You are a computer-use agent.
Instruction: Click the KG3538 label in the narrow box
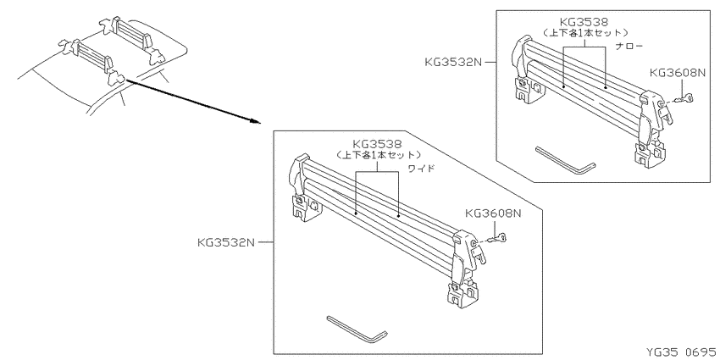tap(584, 21)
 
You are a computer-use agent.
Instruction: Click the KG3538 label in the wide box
tap(378, 144)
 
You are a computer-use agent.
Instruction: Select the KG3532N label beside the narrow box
tap(453, 62)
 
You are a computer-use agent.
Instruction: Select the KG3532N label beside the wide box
tap(226, 242)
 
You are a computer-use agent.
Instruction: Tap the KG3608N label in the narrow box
tap(677, 74)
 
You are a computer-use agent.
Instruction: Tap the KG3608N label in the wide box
tap(494, 213)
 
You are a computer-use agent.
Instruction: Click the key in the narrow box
tap(682, 99)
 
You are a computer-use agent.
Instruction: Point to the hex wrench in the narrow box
tap(565, 160)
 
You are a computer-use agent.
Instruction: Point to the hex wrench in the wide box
tap(357, 329)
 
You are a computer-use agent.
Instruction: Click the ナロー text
tap(629, 47)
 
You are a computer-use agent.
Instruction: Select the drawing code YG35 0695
tap(681, 352)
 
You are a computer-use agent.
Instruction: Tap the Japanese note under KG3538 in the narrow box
tap(584, 32)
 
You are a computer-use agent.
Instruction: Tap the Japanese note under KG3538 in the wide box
tap(378, 155)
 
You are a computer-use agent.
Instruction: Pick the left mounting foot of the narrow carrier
tap(529, 89)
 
